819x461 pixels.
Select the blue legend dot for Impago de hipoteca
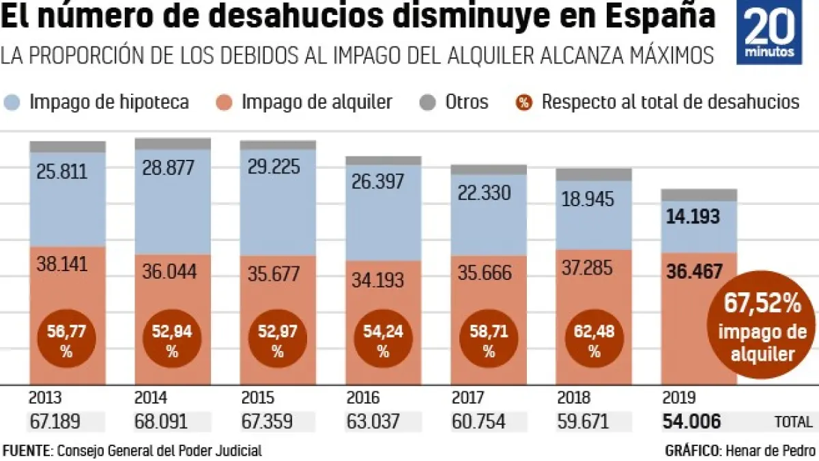click(14, 102)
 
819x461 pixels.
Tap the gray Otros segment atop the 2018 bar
click(593, 174)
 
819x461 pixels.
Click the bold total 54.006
click(691, 421)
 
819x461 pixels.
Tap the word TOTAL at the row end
click(793, 422)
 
